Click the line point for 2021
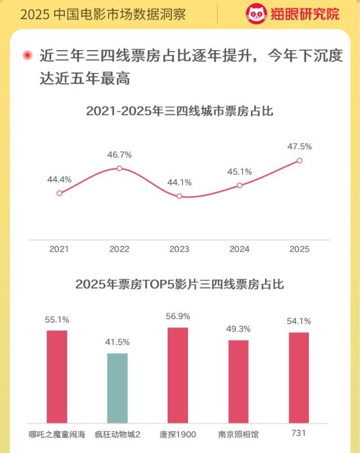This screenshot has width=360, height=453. (59, 193)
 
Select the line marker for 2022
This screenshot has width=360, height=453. (119, 168)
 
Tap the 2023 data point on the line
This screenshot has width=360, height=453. (179, 196)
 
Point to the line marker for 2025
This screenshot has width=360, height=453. (299, 160)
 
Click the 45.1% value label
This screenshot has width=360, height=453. (240, 171)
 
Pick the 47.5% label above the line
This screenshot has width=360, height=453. (299, 146)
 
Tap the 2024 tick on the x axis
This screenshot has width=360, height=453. (240, 249)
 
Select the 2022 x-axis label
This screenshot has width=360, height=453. (119, 249)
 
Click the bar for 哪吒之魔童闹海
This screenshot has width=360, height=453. (57, 377)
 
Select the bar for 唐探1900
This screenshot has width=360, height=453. (178, 375)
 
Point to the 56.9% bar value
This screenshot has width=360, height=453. (178, 316)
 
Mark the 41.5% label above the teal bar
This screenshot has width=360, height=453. (118, 342)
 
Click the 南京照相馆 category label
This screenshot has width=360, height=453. (238, 434)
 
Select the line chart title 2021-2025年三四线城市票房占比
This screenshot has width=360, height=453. (179, 111)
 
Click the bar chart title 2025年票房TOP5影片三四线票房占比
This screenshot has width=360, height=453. (179, 284)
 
